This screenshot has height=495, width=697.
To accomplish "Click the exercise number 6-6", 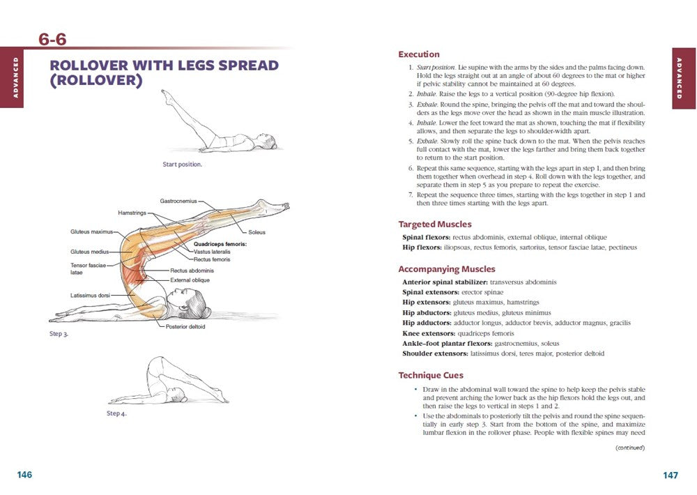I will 52,40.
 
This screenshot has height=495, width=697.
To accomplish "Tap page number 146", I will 24,475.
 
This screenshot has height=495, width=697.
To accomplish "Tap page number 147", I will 671,475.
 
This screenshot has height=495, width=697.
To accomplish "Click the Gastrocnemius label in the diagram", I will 178,201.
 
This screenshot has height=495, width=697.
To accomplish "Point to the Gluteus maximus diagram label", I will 91,231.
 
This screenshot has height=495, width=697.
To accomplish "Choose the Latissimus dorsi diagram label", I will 90,296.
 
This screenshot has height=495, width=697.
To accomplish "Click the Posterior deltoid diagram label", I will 185,326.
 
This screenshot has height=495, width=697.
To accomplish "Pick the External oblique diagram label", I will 190,280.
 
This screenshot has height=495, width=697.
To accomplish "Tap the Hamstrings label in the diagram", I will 132,213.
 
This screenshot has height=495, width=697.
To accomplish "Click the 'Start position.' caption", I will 182,165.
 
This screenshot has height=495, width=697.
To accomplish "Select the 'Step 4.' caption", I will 116,413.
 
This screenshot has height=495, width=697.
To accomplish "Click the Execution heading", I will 419,54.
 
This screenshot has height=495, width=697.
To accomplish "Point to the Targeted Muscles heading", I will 435,224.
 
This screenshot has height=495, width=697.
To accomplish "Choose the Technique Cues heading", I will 431,376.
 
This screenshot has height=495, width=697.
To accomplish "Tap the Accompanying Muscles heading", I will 447,269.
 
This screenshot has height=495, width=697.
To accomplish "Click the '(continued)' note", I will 630,448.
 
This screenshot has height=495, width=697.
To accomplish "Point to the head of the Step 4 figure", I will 181,392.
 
